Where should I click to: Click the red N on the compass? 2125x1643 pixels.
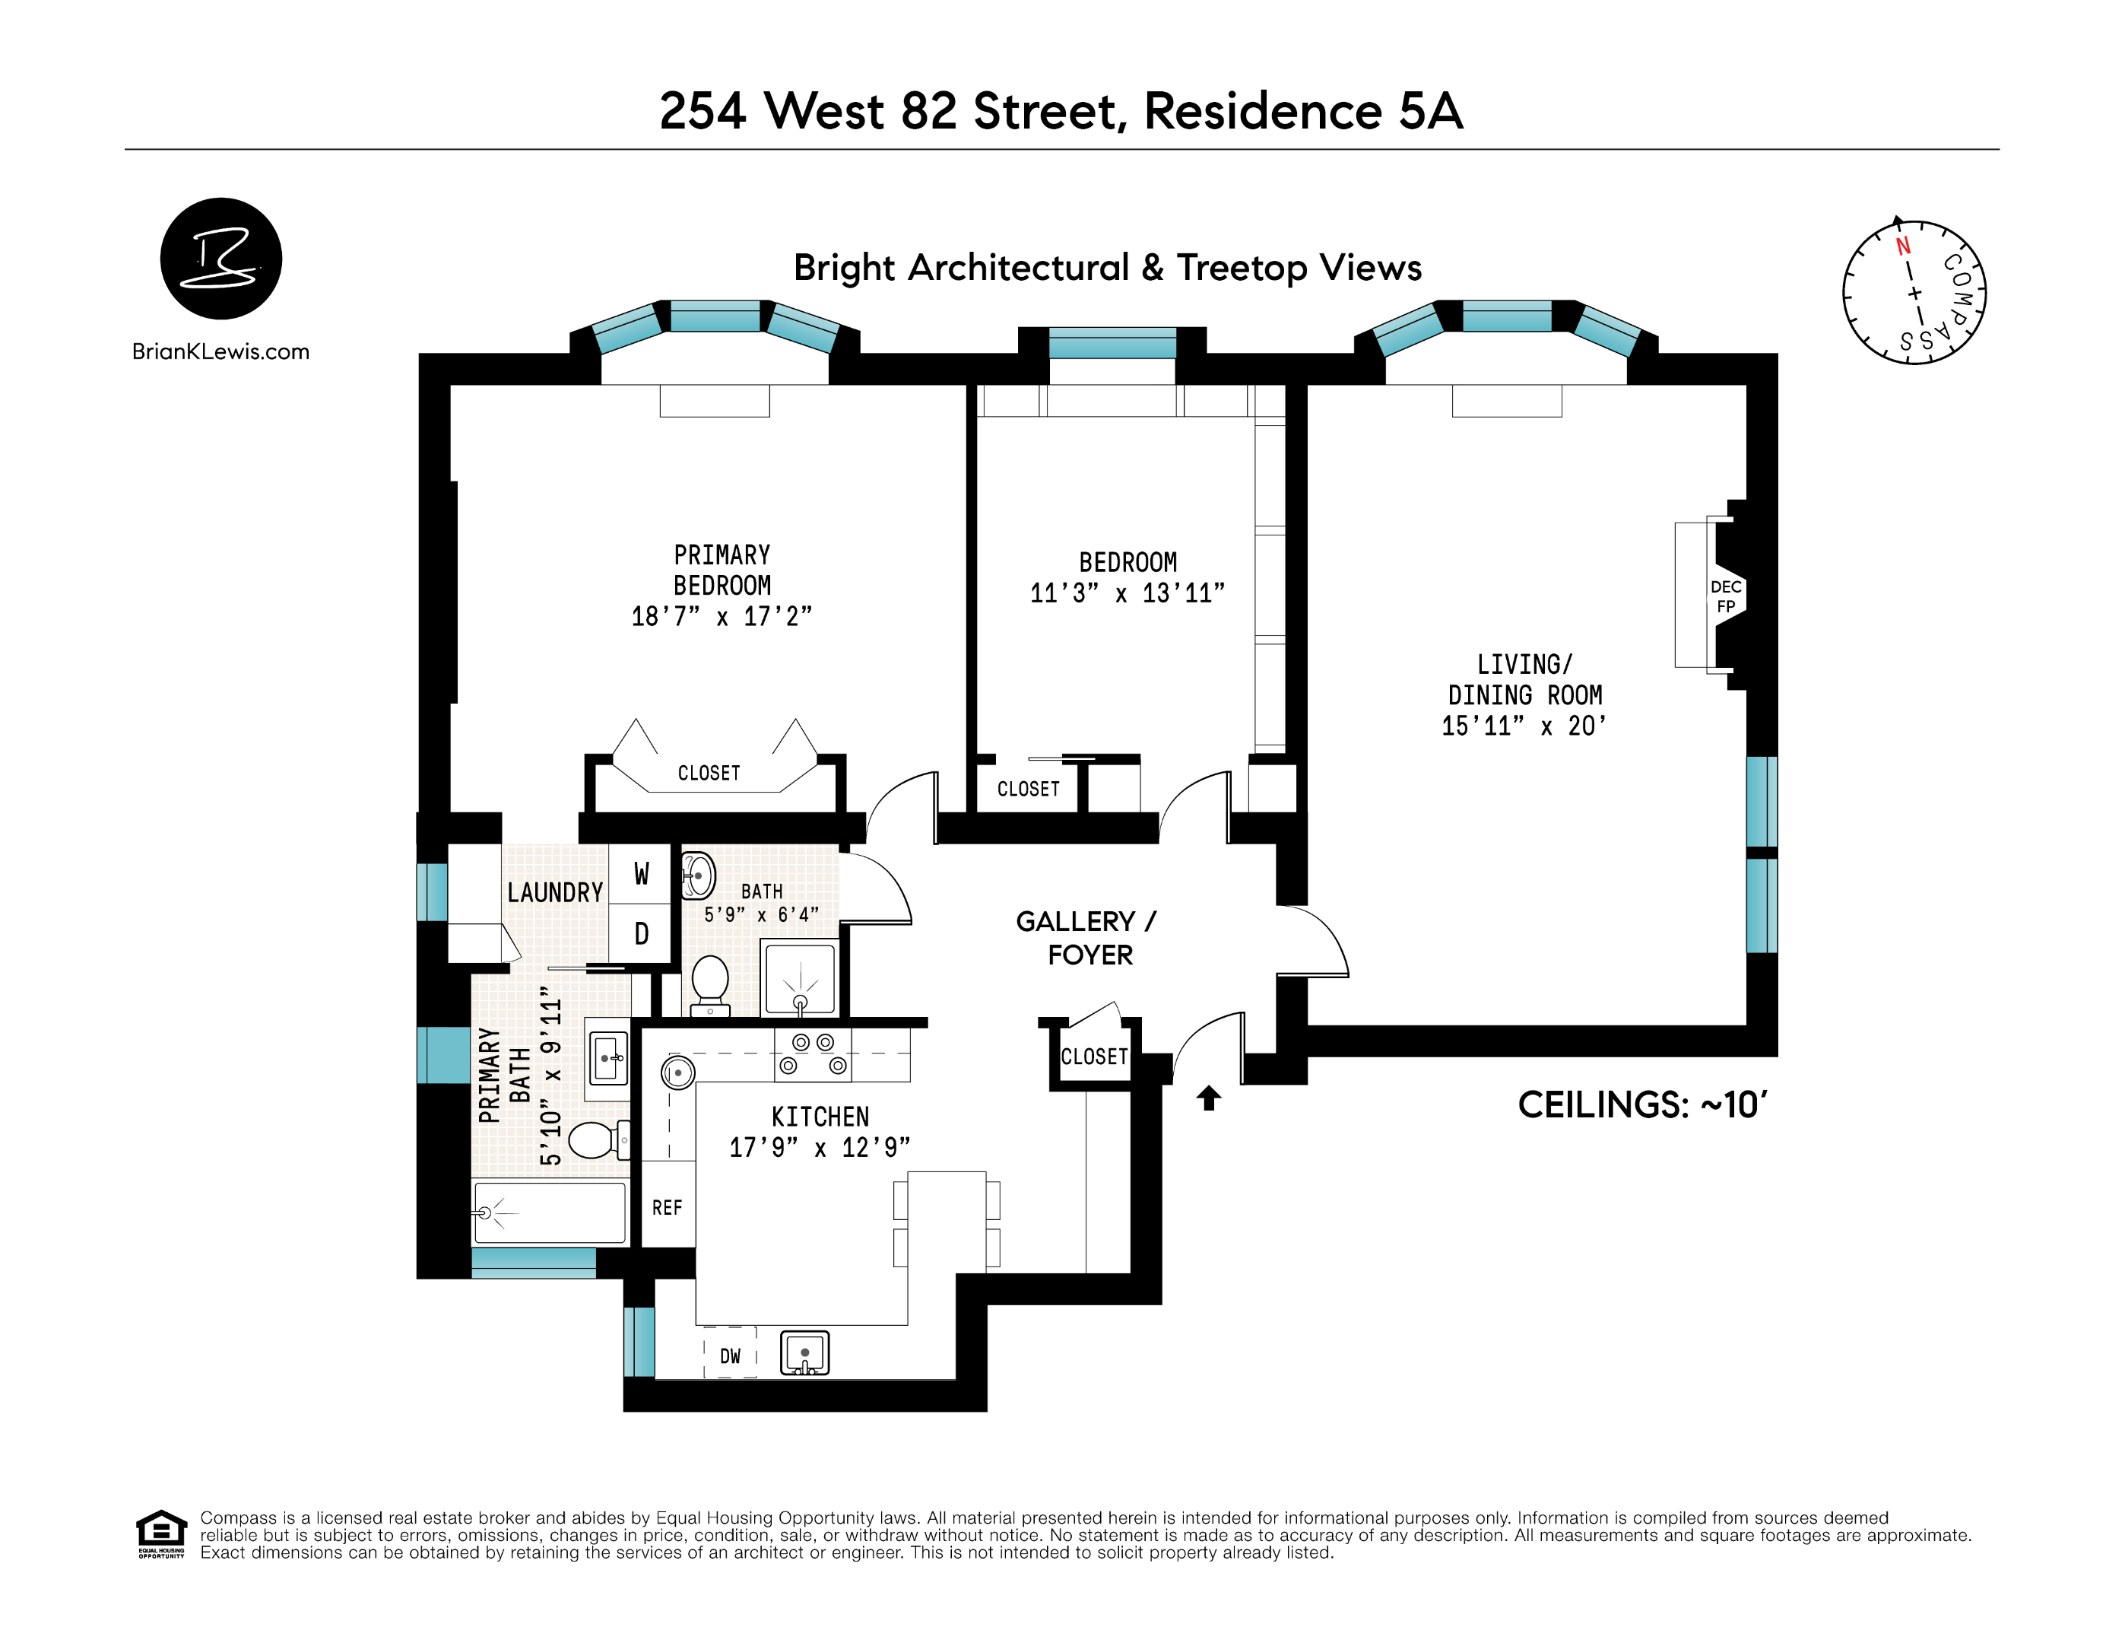1903,246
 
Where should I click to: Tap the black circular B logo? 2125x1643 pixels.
221,259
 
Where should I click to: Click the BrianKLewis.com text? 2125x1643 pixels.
221,351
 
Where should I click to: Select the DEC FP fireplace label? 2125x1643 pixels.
1725,596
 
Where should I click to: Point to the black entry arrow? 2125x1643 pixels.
1208,1098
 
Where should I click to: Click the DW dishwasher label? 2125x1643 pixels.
730,1356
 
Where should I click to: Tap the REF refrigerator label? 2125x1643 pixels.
668,1208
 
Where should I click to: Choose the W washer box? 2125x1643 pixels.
640,873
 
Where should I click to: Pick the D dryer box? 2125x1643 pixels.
640,934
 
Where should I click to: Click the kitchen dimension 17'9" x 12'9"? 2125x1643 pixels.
820,1149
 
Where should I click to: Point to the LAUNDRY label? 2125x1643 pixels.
554,892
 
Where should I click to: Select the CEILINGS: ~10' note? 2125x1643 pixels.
1642,1104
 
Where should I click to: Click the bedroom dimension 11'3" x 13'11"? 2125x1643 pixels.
1128,593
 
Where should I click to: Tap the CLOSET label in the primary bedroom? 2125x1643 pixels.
709,773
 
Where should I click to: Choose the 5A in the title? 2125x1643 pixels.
1430,111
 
